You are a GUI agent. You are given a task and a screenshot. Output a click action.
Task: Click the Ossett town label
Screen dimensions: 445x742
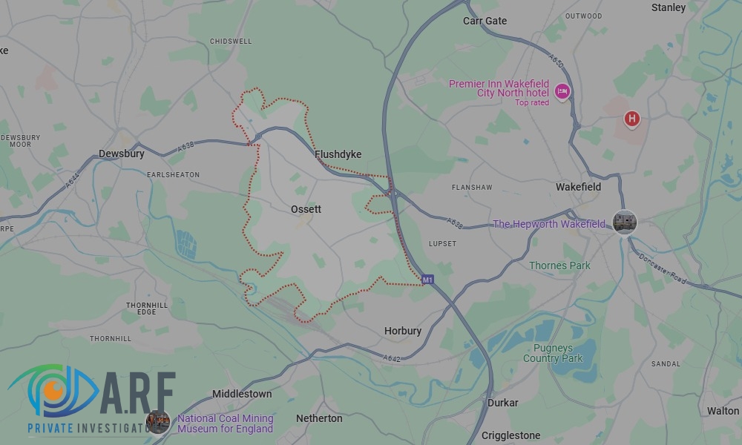coord(306,209)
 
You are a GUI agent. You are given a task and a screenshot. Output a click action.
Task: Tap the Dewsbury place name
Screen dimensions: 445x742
coord(121,154)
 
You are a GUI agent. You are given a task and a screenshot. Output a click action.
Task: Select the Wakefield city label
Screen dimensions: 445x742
coord(578,187)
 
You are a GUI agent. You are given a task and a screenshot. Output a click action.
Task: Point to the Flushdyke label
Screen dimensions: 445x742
coord(338,154)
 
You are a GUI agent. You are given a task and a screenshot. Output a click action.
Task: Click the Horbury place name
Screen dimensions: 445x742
coord(403,331)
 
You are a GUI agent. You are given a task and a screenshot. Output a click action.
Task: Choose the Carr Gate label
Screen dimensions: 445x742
coord(485,21)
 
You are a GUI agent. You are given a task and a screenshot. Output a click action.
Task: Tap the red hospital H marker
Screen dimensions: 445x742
coord(631,118)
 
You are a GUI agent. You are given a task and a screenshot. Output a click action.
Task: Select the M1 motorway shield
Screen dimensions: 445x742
coord(427,280)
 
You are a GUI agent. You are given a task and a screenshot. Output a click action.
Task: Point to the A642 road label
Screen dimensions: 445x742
coord(393,358)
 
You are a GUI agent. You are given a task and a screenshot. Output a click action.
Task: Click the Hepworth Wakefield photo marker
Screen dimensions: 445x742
coord(624,222)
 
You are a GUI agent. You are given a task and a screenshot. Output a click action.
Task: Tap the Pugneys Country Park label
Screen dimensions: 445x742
coord(553,353)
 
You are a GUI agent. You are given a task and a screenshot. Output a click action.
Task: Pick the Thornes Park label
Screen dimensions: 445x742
coord(559,266)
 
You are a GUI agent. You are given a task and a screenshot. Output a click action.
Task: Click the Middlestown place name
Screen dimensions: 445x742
coord(242,394)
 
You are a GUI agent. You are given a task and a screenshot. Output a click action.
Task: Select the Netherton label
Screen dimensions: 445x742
coord(319,418)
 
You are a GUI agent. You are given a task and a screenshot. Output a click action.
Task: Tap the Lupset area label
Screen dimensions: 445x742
coord(442,243)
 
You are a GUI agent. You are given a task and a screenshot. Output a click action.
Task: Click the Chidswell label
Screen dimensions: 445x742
coord(231,42)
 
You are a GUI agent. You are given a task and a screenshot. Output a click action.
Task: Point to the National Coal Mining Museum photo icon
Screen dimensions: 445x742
coord(158,422)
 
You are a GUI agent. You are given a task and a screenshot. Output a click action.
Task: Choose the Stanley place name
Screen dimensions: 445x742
coord(668,7)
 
